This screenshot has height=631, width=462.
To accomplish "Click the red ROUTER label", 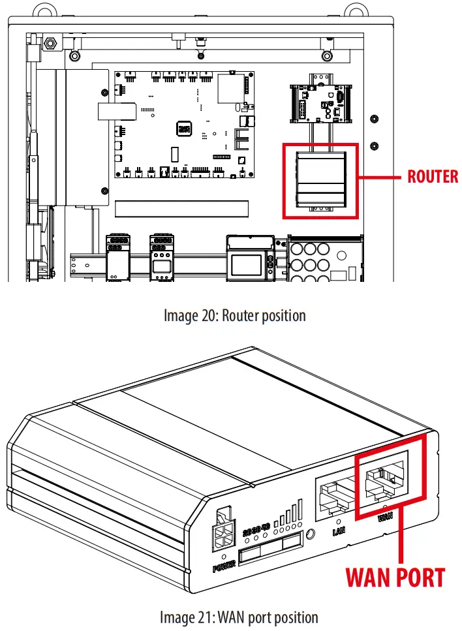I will point(433,176).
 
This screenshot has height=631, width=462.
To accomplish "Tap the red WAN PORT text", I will point(395,577).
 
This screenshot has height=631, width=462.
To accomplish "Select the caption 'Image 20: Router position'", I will point(234,316).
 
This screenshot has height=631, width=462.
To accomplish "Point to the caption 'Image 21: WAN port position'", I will point(239,617).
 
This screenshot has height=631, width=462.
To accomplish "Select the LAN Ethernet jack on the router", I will point(335,493).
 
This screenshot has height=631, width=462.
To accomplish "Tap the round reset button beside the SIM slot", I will point(311,534).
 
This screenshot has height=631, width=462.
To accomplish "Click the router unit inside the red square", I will point(320,180).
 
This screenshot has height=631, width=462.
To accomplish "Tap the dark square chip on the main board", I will point(184,127).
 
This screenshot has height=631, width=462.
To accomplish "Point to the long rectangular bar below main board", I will point(181,208).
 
